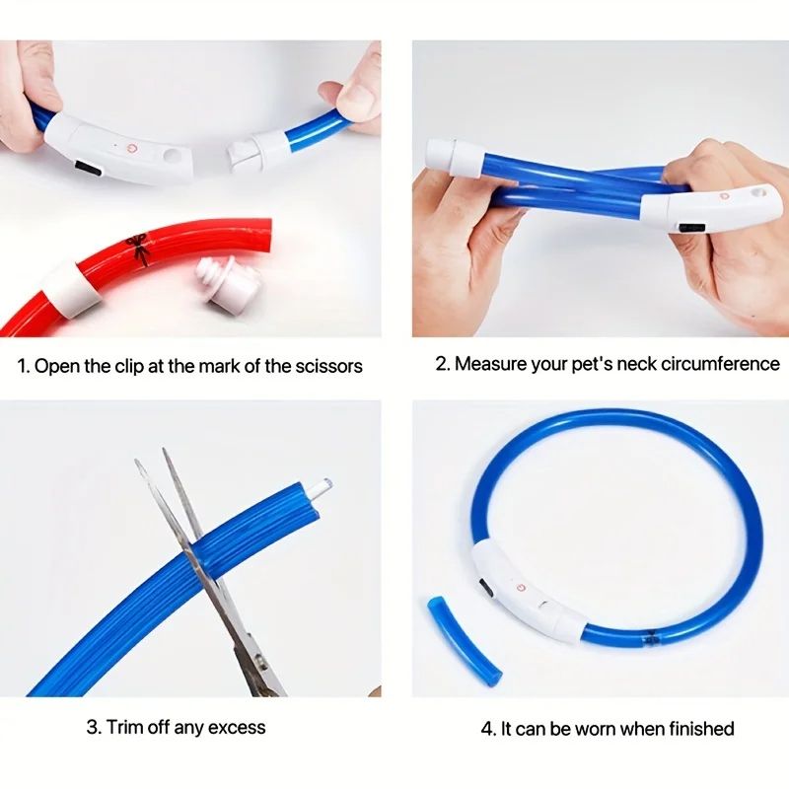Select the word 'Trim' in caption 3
pyautogui.click(x=128, y=728)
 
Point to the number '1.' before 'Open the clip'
pyautogui.click(x=23, y=367)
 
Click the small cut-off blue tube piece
pyautogui.click(x=464, y=639)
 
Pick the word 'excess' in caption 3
pyautogui.click(x=236, y=728)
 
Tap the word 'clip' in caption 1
pyautogui.click(x=126, y=367)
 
